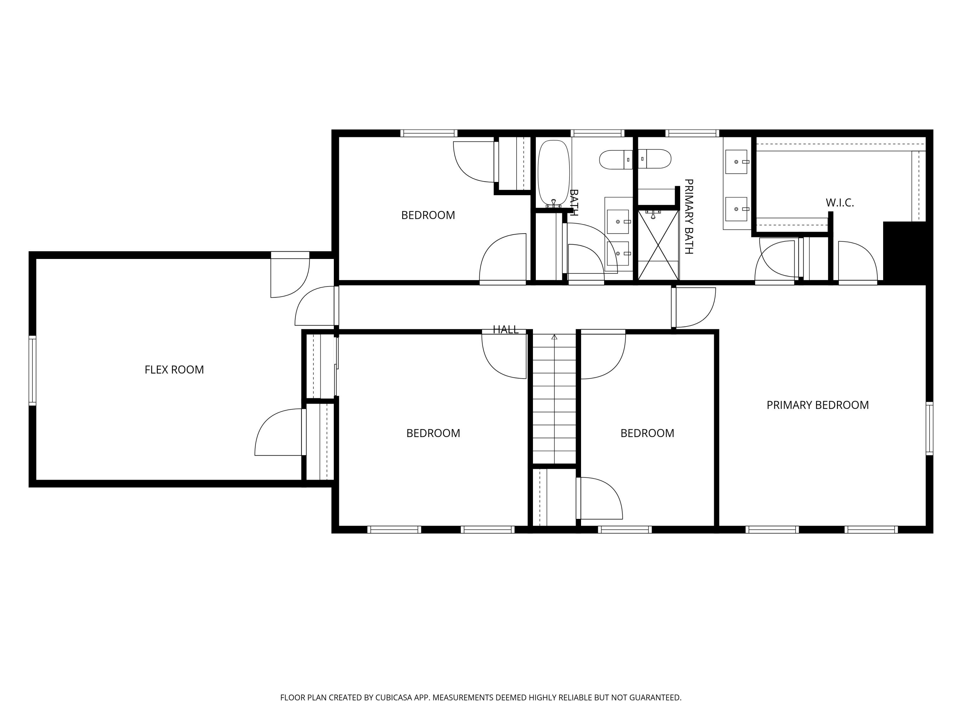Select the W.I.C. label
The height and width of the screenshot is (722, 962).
click(840, 203)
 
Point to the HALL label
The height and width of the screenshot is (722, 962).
click(505, 330)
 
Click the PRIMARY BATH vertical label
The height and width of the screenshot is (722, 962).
click(688, 216)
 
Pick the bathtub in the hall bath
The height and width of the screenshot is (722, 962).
click(553, 174)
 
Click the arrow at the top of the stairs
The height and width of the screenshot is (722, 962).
click(554, 337)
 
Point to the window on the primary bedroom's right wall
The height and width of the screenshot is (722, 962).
click(929, 429)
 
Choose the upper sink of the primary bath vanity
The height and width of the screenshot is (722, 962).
click(736, 162)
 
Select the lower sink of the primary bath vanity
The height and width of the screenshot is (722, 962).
click(736, 209)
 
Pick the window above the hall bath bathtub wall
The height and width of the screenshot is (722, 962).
click(597, 133)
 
